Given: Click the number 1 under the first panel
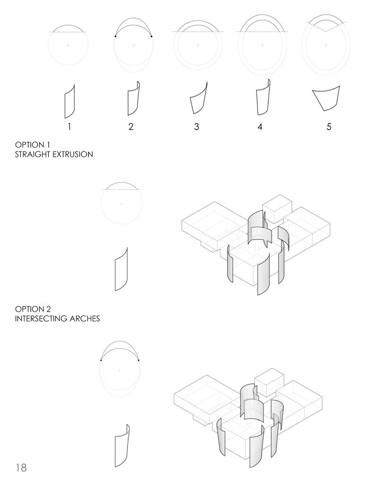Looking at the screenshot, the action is tap(69, 126).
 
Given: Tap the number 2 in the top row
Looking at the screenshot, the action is tap(131, 126).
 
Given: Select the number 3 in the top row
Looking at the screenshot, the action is tap(196, 126).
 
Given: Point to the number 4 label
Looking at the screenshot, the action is tap(260, 126).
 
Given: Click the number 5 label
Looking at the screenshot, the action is tap(329, 126).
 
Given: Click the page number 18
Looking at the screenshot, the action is tap(21, 468).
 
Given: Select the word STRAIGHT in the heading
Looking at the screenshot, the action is tap(33, 154).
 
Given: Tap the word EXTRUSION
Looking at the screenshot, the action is tap(73, 154).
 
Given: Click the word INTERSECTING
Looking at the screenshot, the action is tap(41, 319).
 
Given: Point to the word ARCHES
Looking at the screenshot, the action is tap(85, 319).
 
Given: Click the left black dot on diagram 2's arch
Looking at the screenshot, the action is tap(115, 36).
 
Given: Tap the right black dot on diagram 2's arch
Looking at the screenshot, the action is tap(151, 36).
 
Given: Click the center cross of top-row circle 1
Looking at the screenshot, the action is tap(68, 45).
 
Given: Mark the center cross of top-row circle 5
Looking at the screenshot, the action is tap(326, 45).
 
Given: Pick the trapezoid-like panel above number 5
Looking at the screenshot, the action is tap(326, 98).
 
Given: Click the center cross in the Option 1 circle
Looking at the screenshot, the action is tap(122, 204).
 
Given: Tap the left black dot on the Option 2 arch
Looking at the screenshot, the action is tap(101, 360).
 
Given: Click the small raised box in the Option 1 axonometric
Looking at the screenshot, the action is tap(277, 208).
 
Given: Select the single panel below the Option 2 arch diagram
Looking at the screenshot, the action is tap(122, 445).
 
